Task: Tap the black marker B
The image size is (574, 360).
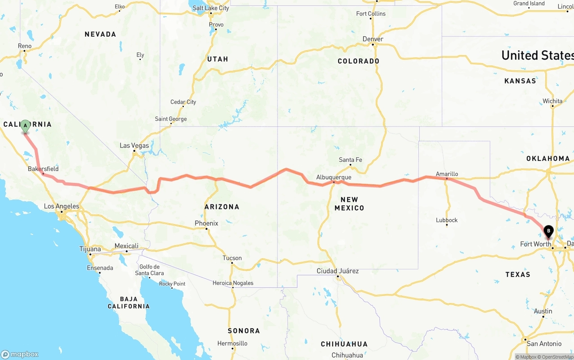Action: tap(548, 231)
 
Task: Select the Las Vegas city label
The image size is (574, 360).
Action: tap(134, 146)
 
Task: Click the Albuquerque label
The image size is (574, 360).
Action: tap(334, 178)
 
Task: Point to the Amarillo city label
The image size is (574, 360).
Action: tap(447, 174)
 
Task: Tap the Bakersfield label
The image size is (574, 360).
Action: tap(43, 169)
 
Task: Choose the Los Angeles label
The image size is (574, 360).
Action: tap(61, 207)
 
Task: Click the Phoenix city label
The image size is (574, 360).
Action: tap(206, 223)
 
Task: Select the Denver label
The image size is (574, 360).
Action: tap(373, 39)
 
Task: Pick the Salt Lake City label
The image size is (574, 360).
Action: tap(210, 8)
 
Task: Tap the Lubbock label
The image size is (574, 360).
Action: tap(447, 220)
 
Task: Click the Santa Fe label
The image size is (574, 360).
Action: tap(350, 160)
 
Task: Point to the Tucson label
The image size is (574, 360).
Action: tap(232, 258)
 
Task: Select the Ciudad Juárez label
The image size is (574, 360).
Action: tap(338, 271)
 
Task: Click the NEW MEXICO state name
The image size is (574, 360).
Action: tap(349, 204)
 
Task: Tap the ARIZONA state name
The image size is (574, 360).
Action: tap(222, 207)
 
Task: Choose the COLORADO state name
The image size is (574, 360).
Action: tap(358, 61)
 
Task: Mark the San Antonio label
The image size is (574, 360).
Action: tap(544, 343)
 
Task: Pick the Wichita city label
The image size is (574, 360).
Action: tap(552, 101)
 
